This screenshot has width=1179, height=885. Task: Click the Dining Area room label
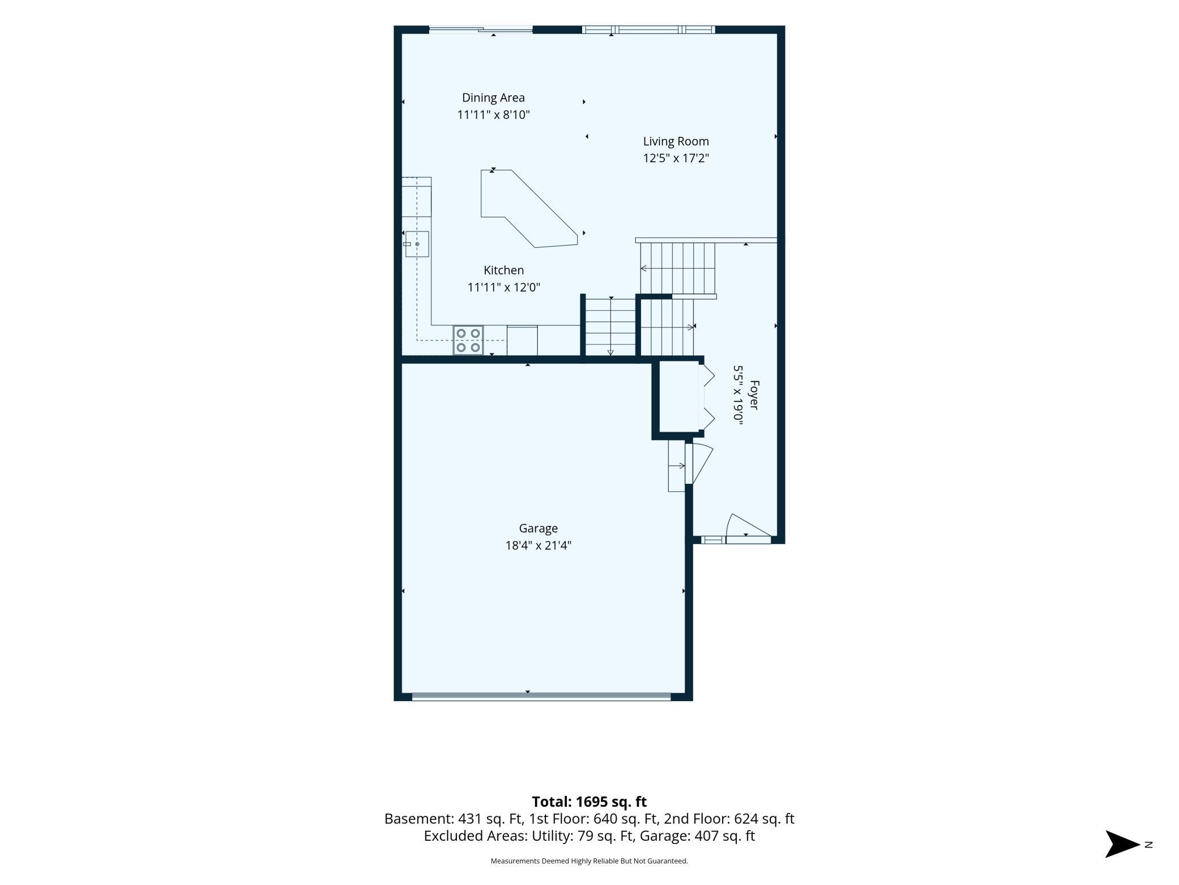point(493,98)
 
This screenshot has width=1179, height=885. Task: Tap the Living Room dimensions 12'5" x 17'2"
point(676,158)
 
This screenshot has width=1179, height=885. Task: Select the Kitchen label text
point(503,270)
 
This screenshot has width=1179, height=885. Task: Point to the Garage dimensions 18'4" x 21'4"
point(538,546)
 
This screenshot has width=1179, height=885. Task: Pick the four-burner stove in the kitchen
point(468,340)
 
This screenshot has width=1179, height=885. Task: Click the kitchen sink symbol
point(417,244)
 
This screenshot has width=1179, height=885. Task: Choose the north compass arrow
point(1122,844)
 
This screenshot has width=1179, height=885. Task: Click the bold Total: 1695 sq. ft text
point(589,802)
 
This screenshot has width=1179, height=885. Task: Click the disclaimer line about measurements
point(589,861)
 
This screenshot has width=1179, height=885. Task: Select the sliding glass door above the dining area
point(481,29)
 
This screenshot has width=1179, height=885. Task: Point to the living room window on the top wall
point(648,29)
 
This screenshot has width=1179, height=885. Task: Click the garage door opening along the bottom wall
point(541,697)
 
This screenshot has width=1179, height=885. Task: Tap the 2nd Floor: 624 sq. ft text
point(729,819)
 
